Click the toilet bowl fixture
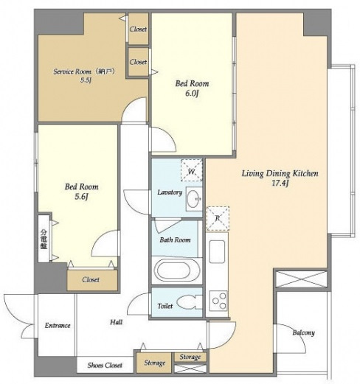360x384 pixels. [x=189, y=302]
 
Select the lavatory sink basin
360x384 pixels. [x=194, y=199]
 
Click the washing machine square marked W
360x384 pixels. [x=191, y=170]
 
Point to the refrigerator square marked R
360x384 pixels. [x=218, y=218]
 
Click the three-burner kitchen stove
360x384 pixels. [x=218, y=301]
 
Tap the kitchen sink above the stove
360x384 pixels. [x=217, y=252]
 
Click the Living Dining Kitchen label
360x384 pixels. [x=280, y=173]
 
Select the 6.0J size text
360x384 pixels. [x=192, y=94]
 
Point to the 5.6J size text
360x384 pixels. [x=81, y=197]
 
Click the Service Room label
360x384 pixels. [x=72, y=71]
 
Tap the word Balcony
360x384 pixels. [x=303, y=332]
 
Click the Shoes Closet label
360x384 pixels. [x=105, y=365]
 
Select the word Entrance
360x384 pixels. [x=58, y=326]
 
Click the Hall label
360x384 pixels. [x=116, y=322]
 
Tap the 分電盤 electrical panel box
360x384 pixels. [x=44, y=239]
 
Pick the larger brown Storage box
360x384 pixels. [x=154, y=363]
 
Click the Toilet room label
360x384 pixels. [x=165, y=306]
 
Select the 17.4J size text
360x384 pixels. [x=280, y=184]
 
